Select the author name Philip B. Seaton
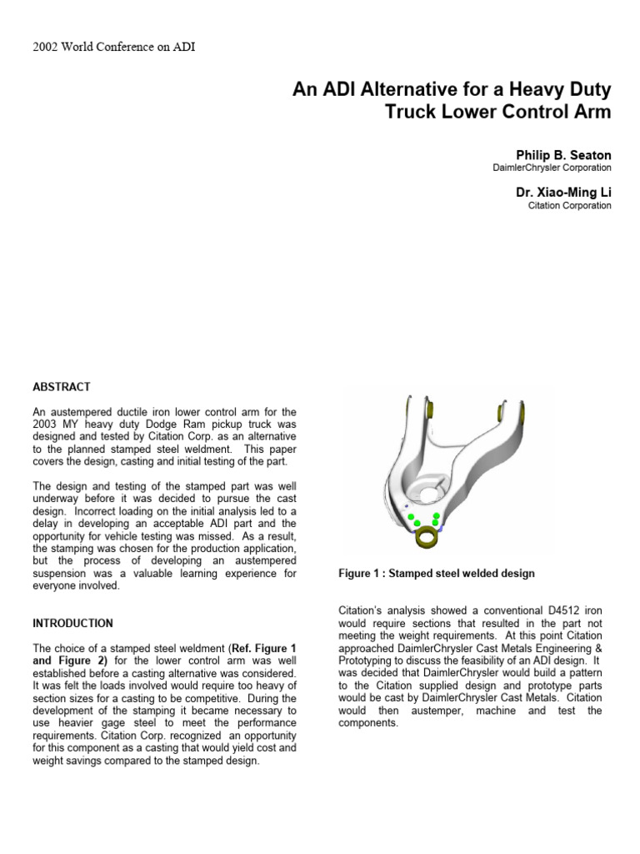point(563,155)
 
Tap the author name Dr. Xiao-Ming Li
point(563,193)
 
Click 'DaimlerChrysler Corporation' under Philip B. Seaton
point(552,168)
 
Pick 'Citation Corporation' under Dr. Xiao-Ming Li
point(569,206)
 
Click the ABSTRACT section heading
point(61,387)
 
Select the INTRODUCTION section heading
point(72,623)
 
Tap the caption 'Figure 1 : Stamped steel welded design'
point(436,574)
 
